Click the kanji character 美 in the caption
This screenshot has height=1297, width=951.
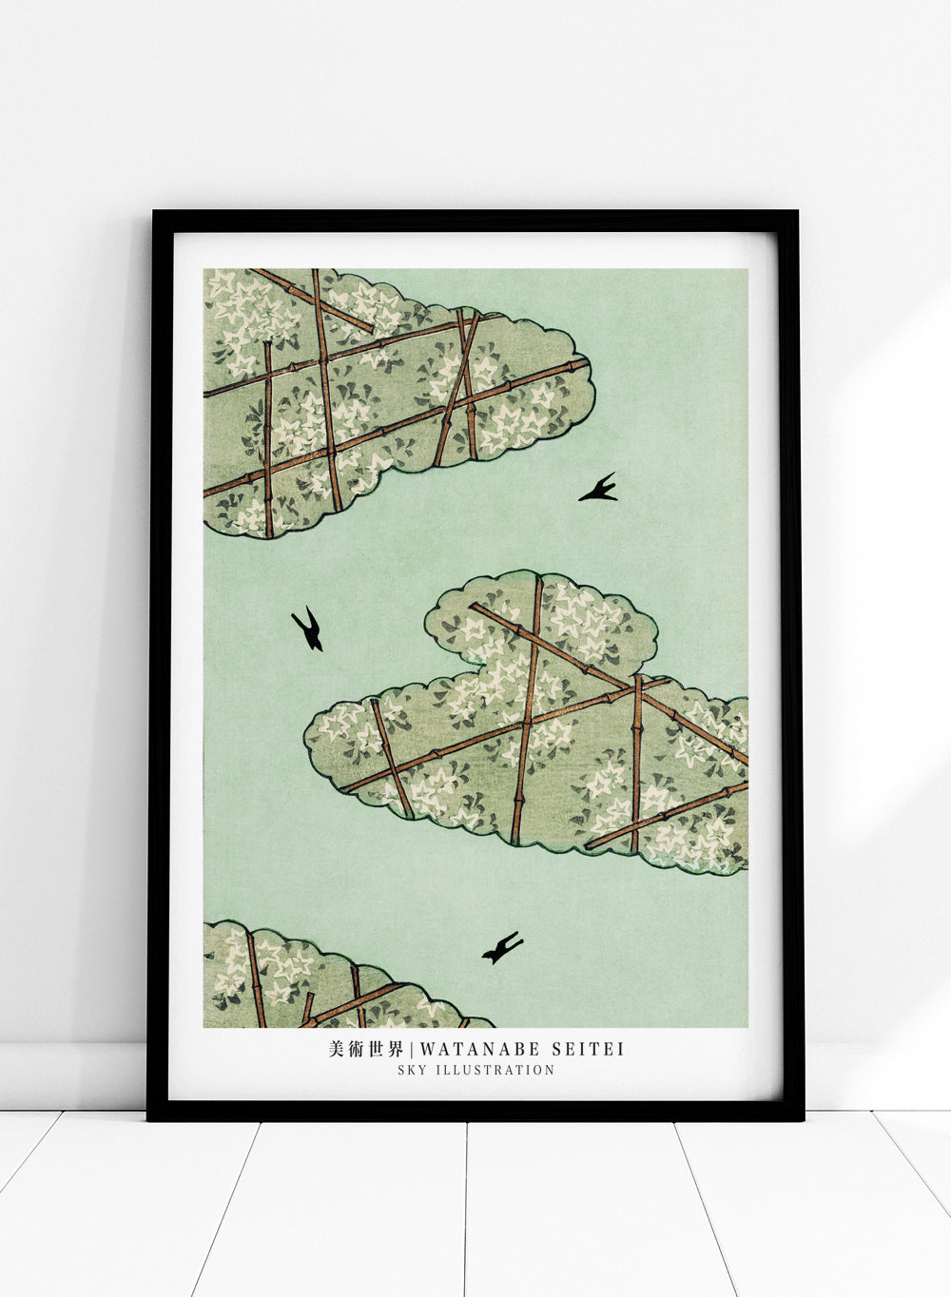[335, 1049]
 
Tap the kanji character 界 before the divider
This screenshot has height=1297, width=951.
[398, 1049]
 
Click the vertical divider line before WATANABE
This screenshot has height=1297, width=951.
[412, 1049]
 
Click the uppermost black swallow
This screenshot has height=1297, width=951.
[598, 489]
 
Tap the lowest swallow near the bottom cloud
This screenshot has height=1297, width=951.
[502, 947]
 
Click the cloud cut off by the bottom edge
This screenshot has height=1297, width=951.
[314, 979]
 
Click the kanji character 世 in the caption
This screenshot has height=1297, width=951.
[377, 1049]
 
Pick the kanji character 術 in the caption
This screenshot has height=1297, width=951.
[356, 1049]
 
